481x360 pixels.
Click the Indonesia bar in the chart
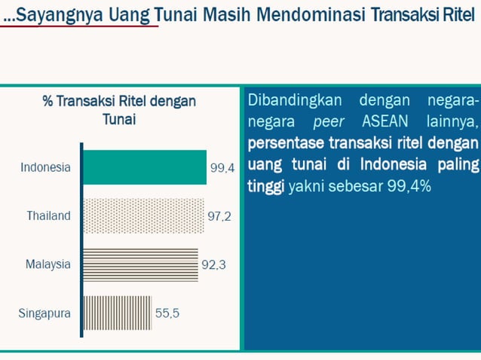click(144, 167)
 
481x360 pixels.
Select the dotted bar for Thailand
click(142, 216)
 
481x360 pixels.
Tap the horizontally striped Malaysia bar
click(139, 264)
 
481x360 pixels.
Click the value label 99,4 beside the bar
click(222, 169)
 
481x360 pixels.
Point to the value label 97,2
click(219, 217)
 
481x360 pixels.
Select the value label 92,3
click(214, 265)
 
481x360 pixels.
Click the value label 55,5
click(167, 313)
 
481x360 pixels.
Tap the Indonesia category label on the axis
click(45, 167)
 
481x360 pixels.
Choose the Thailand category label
click(48, 216)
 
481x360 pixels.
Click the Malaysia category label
click(47, 264)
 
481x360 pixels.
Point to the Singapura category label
click(44, 313)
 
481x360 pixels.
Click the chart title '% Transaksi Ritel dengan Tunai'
click(118, 110)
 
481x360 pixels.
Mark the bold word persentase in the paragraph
click(283, 143)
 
